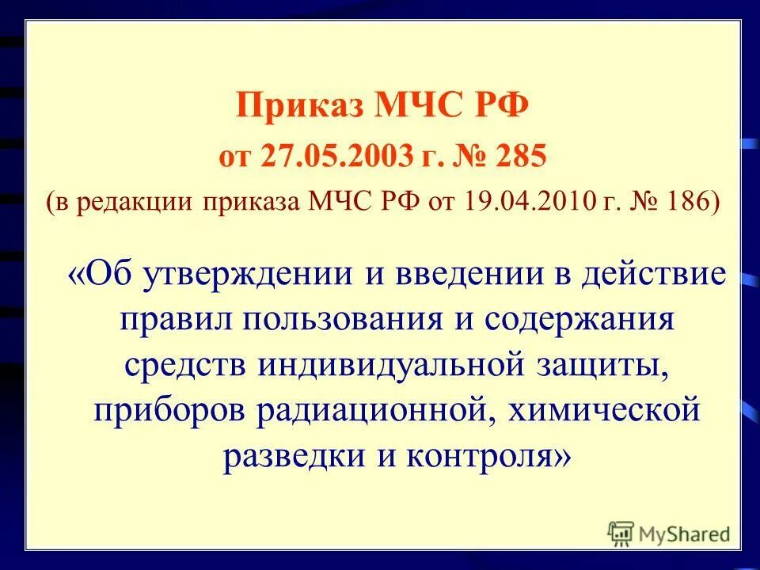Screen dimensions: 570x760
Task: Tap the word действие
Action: pos(654,274)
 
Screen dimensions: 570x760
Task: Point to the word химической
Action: pos(602,412)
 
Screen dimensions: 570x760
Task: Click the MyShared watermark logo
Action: pos(669,534)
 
